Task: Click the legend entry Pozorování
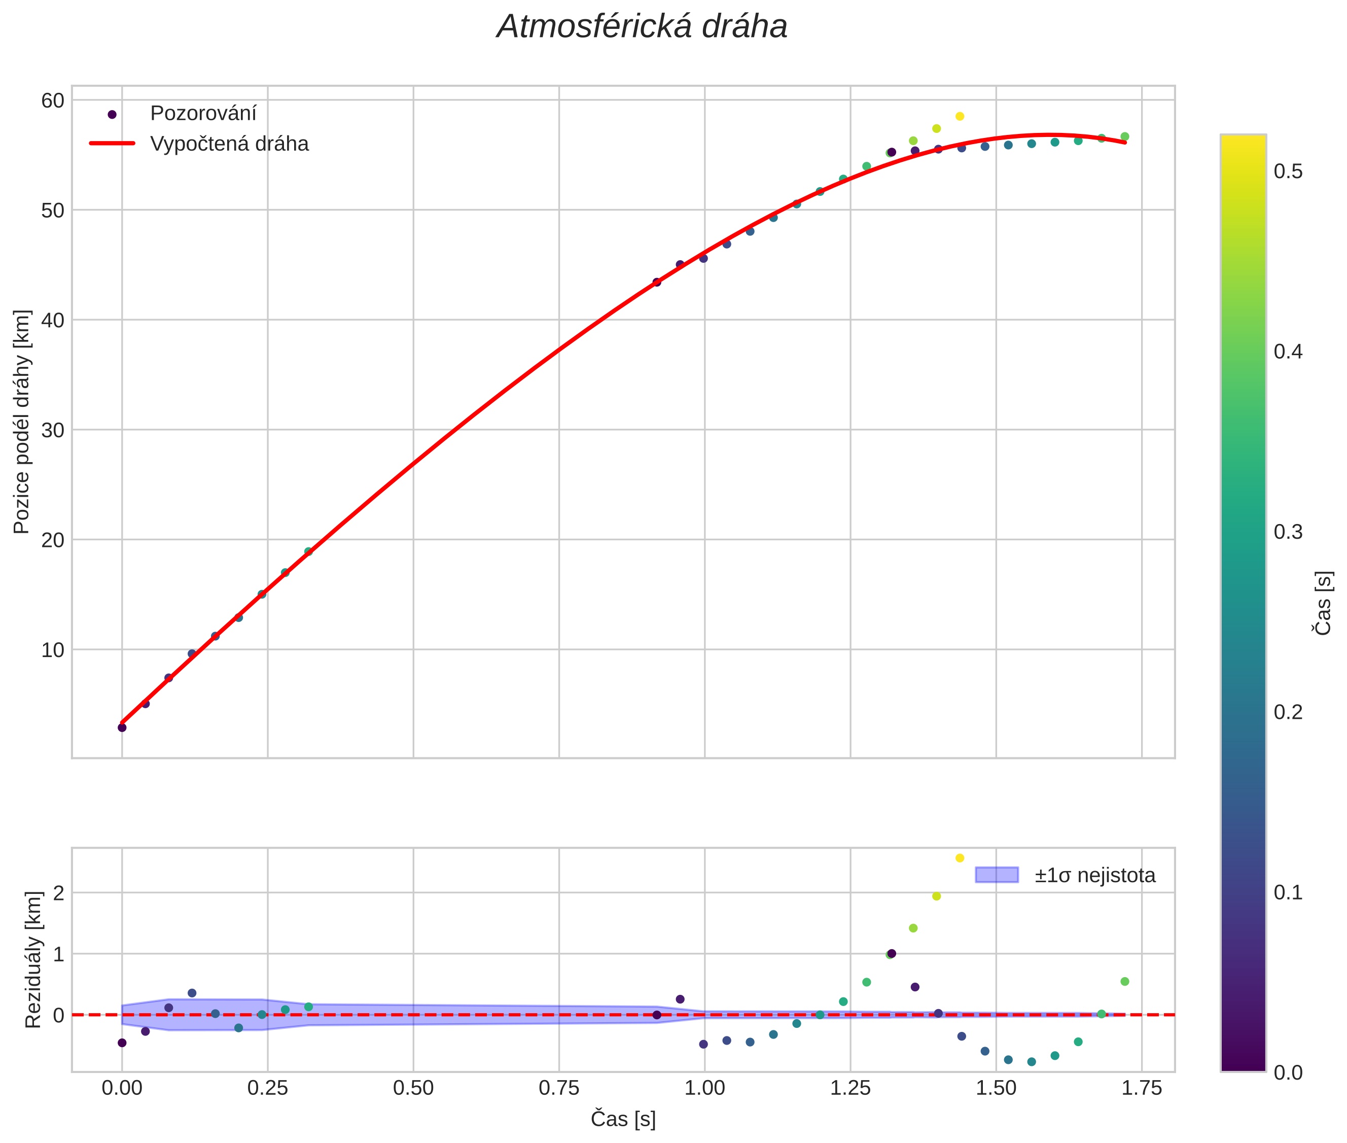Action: click(203, 114)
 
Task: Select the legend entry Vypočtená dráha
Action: click(229, 144)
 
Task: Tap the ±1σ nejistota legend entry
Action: click(1094, 876)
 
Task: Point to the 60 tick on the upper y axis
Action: click(53, 100)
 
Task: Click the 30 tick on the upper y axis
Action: click(53, 430)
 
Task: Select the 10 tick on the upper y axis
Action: click(53, 650)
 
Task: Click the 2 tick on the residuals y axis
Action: click(59, 893)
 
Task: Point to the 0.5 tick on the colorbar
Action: click(1288, 171)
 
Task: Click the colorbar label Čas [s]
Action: click(1323, 603)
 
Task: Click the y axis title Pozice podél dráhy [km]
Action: click(22, 422)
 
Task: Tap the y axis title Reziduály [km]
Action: click(33, 960)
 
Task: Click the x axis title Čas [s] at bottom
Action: click(623, 1119)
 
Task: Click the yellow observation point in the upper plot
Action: click(960, 117)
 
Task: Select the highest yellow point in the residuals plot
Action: click(960, 858)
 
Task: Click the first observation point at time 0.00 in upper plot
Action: click(122, 728)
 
